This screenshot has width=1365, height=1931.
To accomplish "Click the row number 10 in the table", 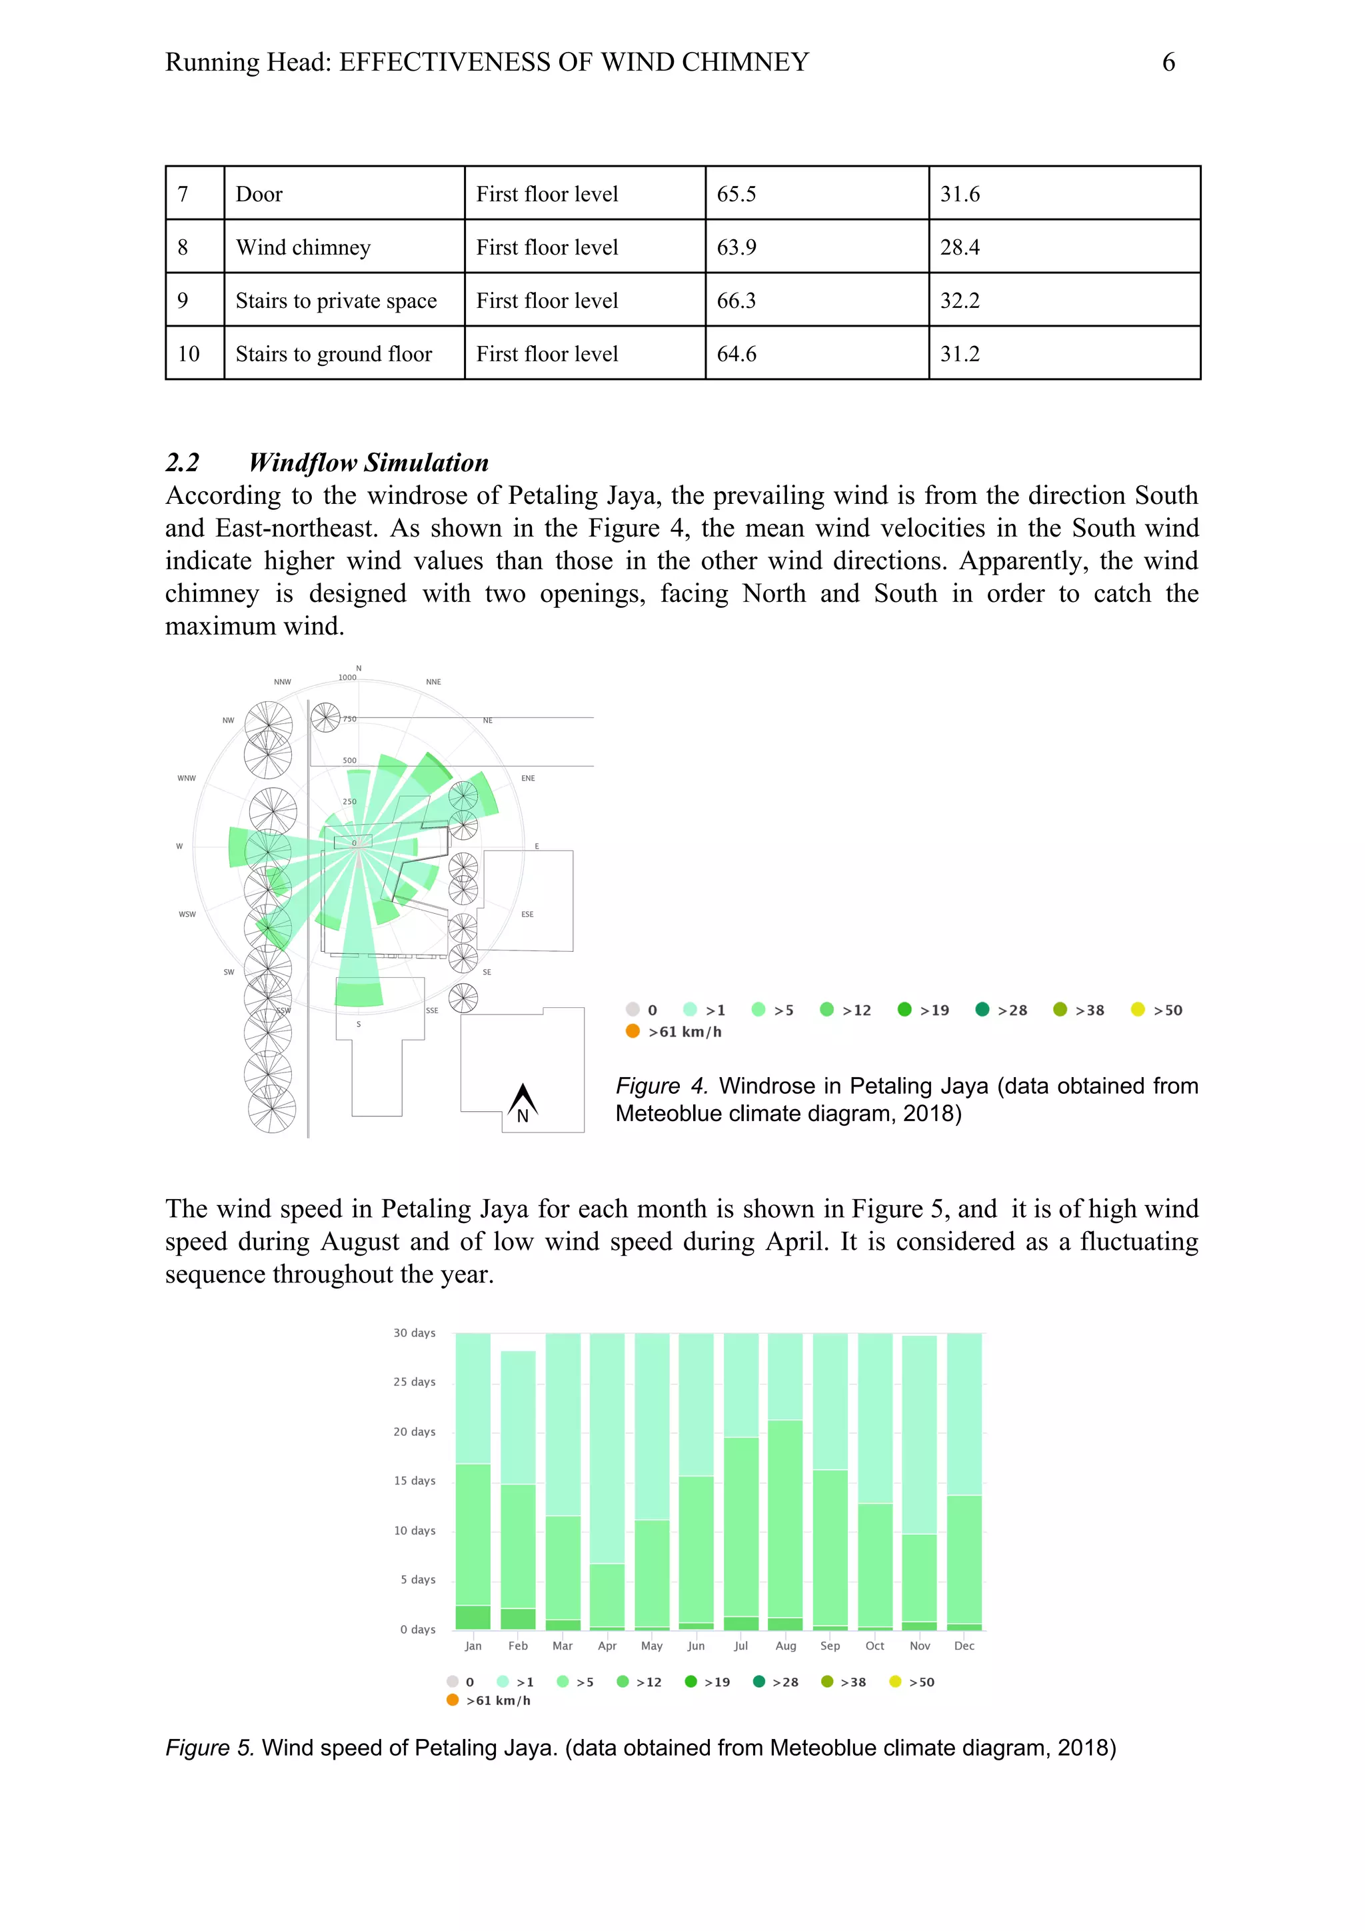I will click(x=189, y=354).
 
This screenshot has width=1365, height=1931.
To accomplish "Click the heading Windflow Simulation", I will click(x=369, y=463).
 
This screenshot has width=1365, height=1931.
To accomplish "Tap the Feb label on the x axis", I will click(x=518, y=1646).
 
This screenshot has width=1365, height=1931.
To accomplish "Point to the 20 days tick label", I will click(x=415, y=1432).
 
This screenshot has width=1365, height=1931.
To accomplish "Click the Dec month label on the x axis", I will click(x=964, y=1646).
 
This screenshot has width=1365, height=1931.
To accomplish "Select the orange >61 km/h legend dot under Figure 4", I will click(x=633, y=1031).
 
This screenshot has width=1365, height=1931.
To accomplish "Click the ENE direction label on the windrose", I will click(x=527, y=778).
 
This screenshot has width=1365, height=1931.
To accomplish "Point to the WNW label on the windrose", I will click(x=186, y=778).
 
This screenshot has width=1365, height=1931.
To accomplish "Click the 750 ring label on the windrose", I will click(x=349, y=719).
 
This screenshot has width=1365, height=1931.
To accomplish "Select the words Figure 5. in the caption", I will click(x=209, y=1748).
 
